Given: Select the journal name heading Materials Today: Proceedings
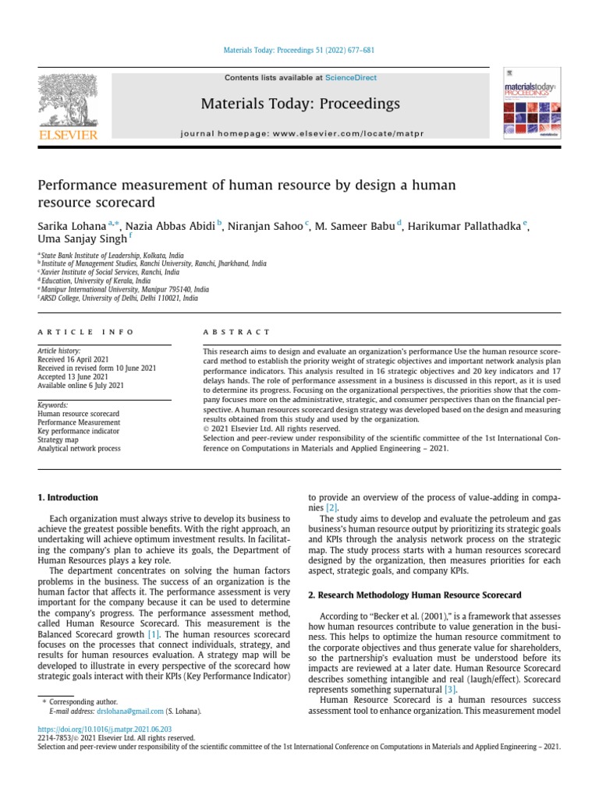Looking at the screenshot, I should coord(300,104).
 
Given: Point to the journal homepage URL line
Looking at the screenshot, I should coord(299,134).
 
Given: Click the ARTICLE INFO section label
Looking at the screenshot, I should coord(86,332).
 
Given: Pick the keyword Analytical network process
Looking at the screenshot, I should coord(79,449).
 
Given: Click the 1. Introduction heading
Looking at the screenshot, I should coord(69,497).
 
